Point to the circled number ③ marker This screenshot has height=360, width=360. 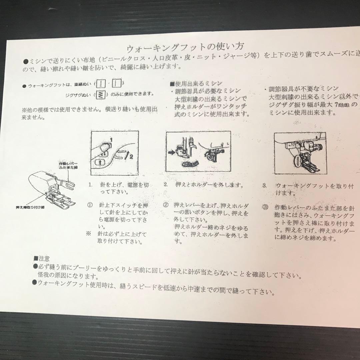[265, 207]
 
